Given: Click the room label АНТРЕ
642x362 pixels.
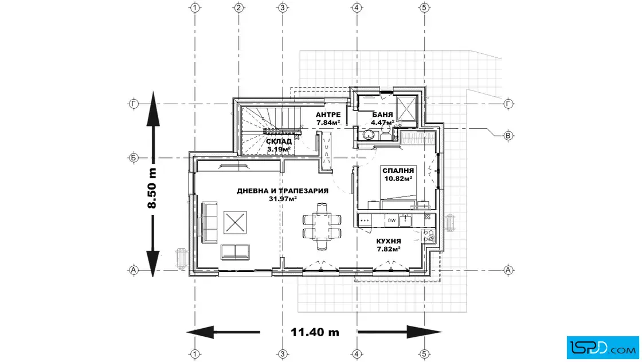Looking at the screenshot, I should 328,115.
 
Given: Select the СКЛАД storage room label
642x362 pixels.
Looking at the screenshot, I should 279,141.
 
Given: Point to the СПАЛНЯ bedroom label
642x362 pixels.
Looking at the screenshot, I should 398,171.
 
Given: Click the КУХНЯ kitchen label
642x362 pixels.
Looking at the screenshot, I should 389,242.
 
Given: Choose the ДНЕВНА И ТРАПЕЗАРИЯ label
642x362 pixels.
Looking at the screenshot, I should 283,191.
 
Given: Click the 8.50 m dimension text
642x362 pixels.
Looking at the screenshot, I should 152,188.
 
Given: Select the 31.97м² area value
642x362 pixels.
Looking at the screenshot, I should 283,199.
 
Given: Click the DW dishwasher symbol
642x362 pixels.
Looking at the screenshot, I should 392,220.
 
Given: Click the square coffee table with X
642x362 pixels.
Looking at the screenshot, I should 234,221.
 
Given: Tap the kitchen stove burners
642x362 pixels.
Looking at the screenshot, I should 429,235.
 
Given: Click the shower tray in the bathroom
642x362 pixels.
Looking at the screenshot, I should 408,107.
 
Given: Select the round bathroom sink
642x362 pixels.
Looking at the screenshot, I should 367,135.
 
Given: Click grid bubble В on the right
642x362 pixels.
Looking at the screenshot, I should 508,136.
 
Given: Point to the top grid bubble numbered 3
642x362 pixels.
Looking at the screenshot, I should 283,8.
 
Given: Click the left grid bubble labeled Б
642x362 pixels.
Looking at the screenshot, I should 133,158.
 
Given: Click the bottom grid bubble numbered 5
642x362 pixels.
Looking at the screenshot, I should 424,353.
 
